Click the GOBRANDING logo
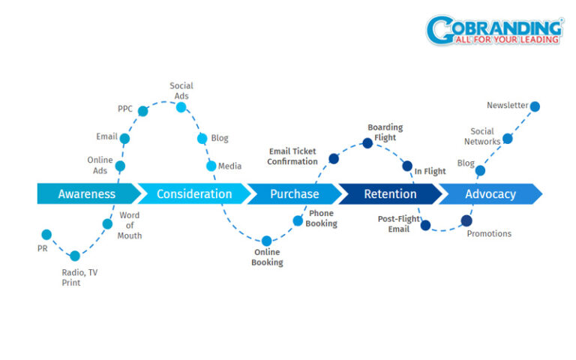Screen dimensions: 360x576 tap(494, 30)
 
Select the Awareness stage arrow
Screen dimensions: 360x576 tap(87, 193)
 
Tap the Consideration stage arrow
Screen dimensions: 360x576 tap(193, 193)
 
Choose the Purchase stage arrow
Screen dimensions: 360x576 tap(293, 193)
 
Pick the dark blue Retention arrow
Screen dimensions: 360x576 tap(389, 193)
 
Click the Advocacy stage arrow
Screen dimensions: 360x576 tap(490, 193)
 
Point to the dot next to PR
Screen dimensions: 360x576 tap(46, 235)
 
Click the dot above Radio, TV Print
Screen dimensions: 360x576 tap(74, 256)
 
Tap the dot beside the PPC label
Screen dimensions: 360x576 tap(142, 111)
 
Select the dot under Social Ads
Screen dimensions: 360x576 tap(181, 107)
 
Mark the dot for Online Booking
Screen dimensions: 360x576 tap(266, 241)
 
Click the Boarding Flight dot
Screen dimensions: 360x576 tap(367, 142)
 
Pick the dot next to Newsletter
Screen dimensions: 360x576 tap(535, 106)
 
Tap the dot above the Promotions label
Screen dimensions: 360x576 tap(466, 220)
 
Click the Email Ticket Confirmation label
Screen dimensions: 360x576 tap(292, 157)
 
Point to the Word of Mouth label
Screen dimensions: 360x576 tap(129, 226)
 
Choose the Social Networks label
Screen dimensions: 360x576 tap(481, 136)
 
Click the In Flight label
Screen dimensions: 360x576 tap(430, 171)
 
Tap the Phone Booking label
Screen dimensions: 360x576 tap(322, 218)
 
